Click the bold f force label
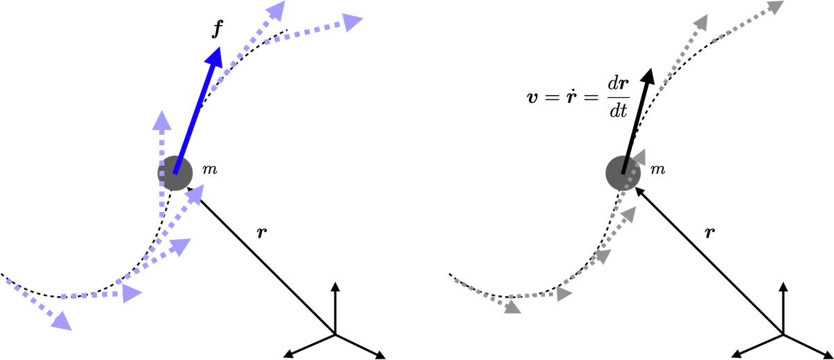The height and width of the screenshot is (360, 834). point(217,29)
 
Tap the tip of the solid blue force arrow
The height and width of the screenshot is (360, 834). point(220,47)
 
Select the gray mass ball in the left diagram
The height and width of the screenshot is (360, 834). point(175,173)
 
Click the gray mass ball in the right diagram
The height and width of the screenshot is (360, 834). point(623,173)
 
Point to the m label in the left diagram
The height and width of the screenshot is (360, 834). point(210,170)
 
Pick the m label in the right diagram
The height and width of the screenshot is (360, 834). point(657,170)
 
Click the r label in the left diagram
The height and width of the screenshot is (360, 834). point(262,233)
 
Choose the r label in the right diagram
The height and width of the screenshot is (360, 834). point(710,233)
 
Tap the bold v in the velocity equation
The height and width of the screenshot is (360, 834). point(533,97)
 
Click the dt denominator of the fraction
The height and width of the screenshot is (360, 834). point(619,111)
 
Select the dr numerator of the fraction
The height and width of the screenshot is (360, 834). point(619,84)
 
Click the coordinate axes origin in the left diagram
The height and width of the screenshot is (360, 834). point(335,335)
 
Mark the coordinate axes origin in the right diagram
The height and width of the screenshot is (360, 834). point(783,335)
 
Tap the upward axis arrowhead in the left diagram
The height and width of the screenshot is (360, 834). point(335,286)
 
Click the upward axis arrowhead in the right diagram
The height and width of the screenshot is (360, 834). point(783,286)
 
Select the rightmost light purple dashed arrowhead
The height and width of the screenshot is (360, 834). point(352,22)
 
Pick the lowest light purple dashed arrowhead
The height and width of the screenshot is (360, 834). point(62,321)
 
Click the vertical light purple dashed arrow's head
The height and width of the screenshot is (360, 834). point(161,120)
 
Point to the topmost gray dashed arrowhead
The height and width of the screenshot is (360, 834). point(777,7)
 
